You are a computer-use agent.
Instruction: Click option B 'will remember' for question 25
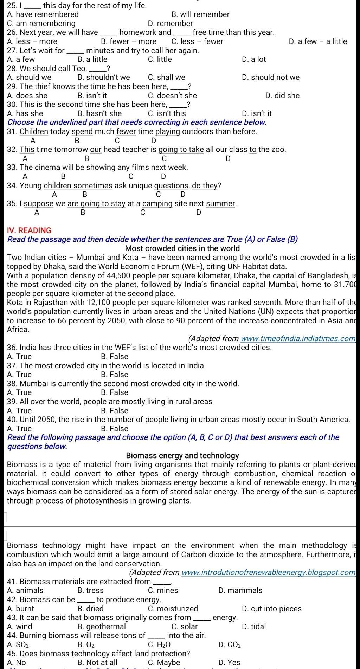(x=200, y=14)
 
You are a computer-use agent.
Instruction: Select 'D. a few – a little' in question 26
(x=317, y=41)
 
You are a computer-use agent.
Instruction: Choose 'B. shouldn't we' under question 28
(x=103, y=77)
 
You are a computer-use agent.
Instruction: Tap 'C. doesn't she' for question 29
(x=172, y=96)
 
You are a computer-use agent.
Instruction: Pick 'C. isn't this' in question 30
(x=167, y=113)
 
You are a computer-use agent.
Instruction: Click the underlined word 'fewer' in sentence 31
(x=126, y=131)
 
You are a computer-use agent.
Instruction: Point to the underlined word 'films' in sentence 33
(x=140, y=167)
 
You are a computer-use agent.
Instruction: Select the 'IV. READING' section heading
(x=29, y=230)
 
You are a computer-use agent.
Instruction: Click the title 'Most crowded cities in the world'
(x=182, y=248)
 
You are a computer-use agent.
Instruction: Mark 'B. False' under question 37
(x=114, y=375)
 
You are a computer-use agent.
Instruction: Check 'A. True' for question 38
(x=19, y=392)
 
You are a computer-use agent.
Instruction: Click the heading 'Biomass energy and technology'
(x=182, y=455)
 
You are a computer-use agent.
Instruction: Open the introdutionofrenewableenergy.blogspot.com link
(x=269, y=572)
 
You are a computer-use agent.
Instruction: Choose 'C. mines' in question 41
(x=163, y=590)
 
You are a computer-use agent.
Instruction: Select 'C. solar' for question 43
(x=185, y=626)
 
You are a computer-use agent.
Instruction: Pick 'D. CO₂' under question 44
(x=229, y=645)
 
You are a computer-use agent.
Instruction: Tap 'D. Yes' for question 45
(x=229, y=662)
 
